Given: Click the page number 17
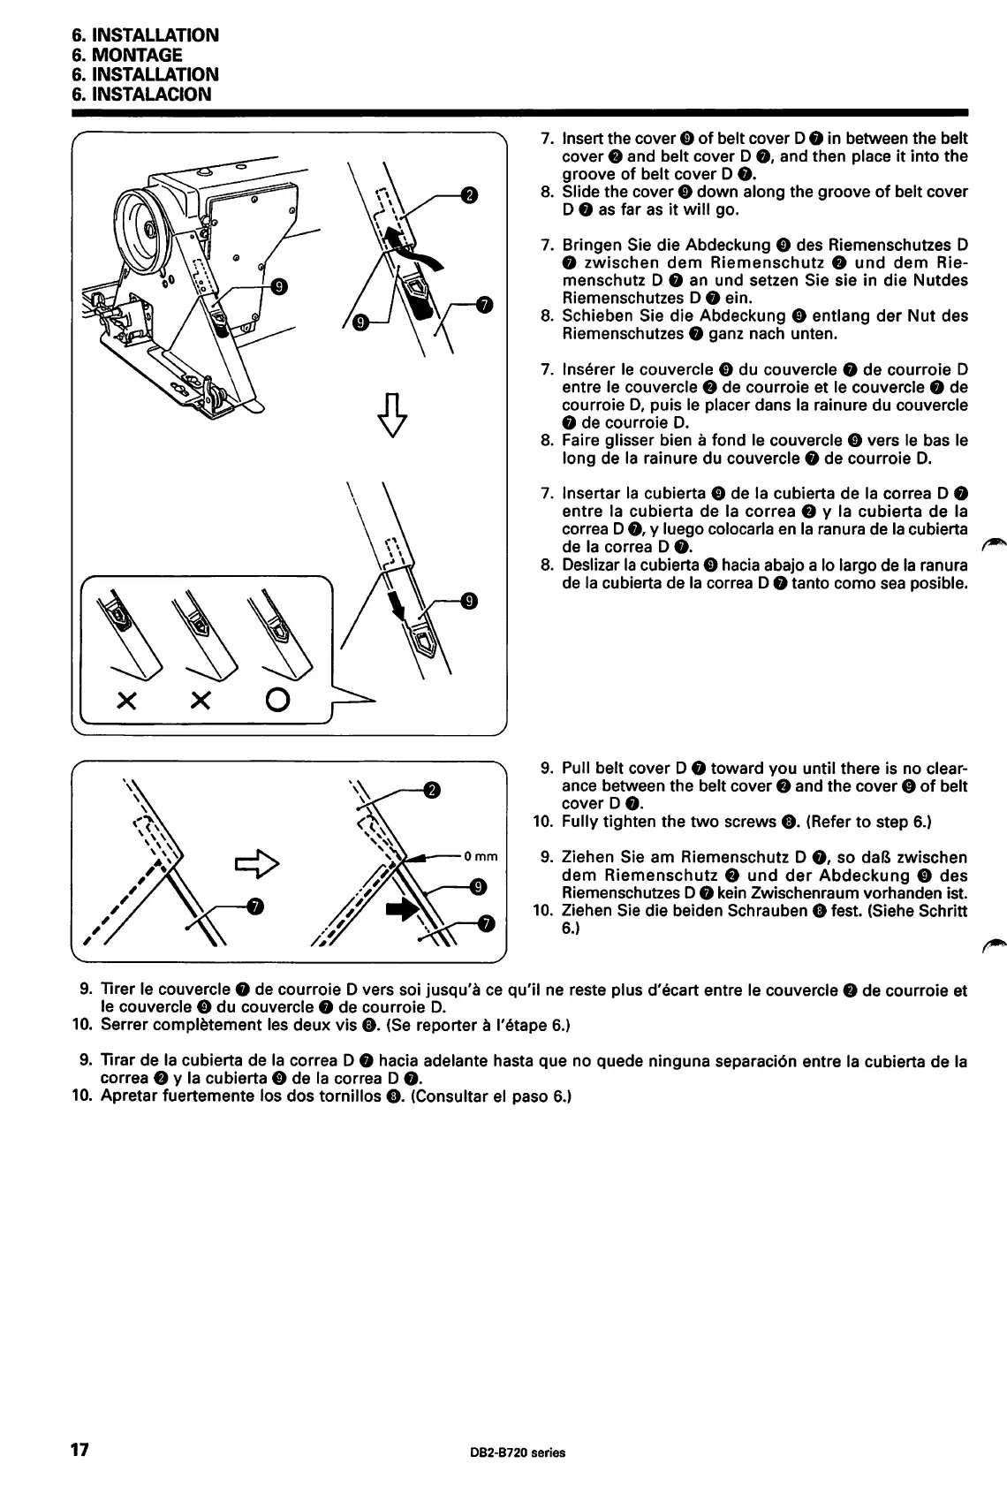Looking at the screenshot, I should click(80, 1450).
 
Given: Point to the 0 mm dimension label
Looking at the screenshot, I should click(481, 856).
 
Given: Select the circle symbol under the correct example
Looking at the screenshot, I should click(276, 701).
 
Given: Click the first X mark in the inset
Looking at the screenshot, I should click(126, 701).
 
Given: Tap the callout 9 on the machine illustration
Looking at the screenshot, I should click(279, 285).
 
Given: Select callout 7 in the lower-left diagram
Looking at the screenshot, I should click(255, 906).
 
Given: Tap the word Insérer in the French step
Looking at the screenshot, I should click(590, 369).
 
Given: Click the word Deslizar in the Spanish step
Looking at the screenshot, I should click(593, 565).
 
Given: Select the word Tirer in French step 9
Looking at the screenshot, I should click(121, 990).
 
